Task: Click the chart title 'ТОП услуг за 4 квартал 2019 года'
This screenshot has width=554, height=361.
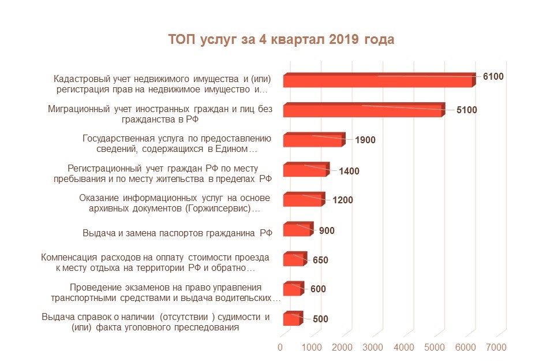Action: point(281,40)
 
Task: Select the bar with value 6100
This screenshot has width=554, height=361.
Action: point(378,81)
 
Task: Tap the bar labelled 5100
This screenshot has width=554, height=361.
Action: point(364,111)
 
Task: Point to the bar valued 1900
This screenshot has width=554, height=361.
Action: point(313,141)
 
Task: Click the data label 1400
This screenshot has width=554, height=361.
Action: point(349,172)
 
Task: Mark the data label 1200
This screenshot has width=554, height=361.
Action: point(343,200)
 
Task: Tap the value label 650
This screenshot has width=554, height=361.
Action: point(320,260)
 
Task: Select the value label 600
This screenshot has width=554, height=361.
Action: point(318,289)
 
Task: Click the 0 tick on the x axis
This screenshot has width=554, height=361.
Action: point(280,347)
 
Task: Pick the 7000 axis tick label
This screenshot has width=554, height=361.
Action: point(496,347)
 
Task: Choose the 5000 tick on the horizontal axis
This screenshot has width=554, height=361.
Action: point(435,347)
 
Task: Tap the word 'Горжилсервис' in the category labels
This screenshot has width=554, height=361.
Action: point(217,209)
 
